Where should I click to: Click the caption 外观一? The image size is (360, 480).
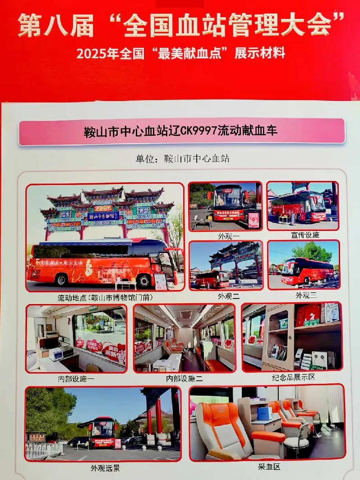coord(224,235)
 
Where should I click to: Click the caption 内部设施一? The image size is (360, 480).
coord(76,379)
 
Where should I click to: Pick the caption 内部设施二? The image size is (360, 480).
coord(185,379)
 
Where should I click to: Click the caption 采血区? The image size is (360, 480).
coord(268,466)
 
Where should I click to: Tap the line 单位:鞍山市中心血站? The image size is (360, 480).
coord(182,159)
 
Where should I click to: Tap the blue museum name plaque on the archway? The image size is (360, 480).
coord(103,216)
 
